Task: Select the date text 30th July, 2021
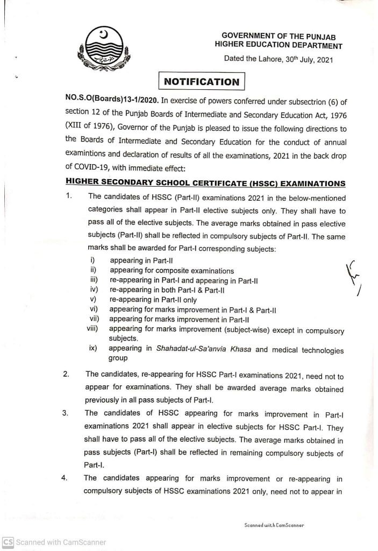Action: (305, 60)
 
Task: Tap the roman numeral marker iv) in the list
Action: (93, 290)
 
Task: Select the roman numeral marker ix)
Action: (93, 349)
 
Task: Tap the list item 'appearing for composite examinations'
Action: (172, 270)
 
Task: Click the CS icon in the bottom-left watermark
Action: (8, 542)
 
